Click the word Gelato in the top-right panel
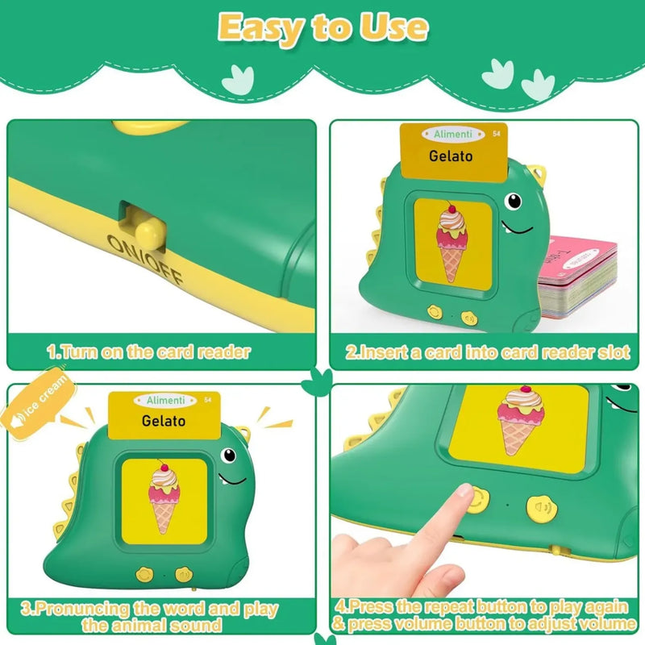click(451, 156)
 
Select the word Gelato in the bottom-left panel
click(163, 420)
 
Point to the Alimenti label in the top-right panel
click(451, 134)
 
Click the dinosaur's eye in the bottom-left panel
click(229, 456)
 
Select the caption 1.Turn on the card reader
click(148, 352)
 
